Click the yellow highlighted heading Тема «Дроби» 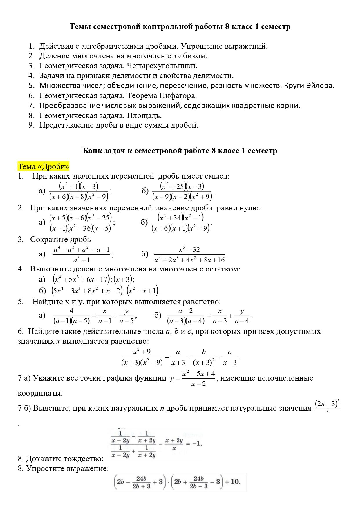point(44,166)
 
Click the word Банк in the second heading point(92,151)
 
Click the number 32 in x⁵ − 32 point(196,249)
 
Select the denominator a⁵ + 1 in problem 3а point(82,260)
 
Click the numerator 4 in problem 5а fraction point(71,311)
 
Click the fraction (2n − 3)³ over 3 point(327,405)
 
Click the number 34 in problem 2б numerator point(177,218)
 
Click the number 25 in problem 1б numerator point(180,186)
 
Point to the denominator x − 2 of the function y point(199,384)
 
